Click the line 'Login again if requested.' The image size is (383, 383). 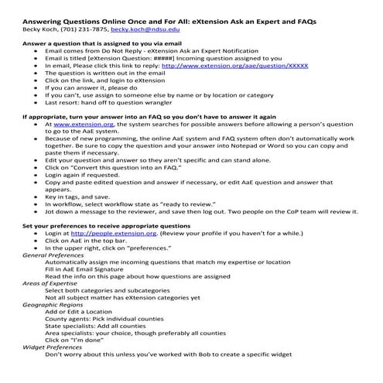[91, 175]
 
